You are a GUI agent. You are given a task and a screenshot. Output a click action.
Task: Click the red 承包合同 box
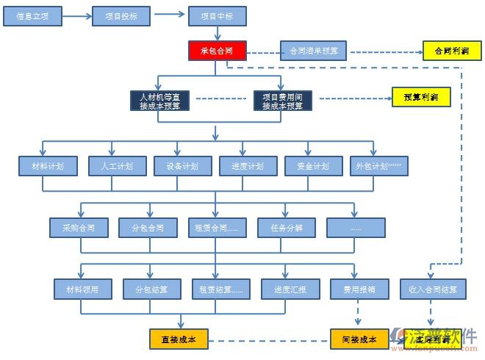tap(217, 51)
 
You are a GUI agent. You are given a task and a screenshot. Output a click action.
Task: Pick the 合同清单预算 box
tap(314, 51)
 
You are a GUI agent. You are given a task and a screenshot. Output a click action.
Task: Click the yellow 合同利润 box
tap(452, 51)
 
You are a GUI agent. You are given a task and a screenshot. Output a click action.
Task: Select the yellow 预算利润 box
tap(421, 97)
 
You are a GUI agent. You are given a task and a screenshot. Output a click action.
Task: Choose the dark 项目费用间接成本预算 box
tap(283, 101)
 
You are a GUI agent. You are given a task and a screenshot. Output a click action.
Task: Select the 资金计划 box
tap(314, 166)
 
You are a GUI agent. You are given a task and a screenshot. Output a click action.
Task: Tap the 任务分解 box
tap(287, 228)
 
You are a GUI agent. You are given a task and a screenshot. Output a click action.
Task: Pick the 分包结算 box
tap(151, 289)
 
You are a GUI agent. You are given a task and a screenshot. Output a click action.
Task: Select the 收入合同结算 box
tap(432, 289)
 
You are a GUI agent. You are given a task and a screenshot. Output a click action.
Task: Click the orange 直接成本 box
tap(179, 339)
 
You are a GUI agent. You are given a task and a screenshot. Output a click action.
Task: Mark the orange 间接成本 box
tap(359, 339)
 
